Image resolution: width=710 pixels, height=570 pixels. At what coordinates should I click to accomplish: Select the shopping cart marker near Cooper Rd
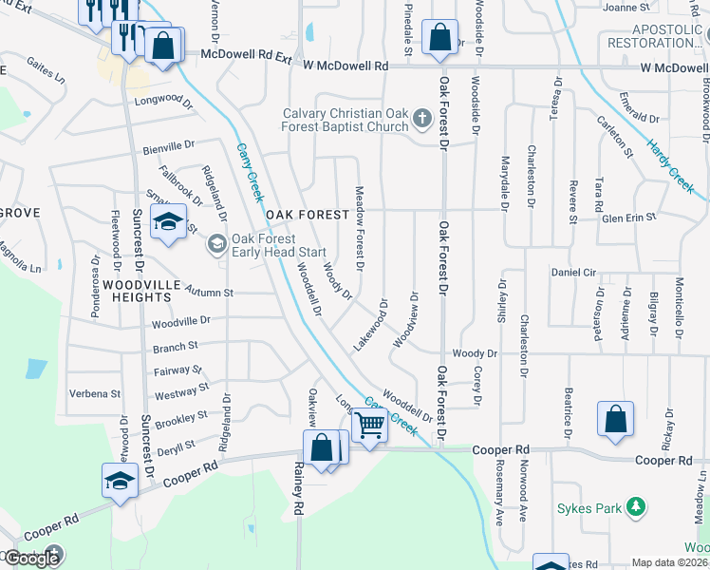pyautogui.click(x=369, y=427)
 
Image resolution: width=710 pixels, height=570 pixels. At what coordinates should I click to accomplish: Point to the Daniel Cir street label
pyautogui.click(x=573, y=272)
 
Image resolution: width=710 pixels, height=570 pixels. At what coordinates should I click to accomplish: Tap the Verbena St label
pyautogui.click(x=98, y=393)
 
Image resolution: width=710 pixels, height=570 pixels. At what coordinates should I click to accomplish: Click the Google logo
pyautogui.click(x=31, y=558)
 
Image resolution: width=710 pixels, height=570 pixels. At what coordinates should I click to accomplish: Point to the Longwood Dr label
pyautogui.click(x=158, y=100)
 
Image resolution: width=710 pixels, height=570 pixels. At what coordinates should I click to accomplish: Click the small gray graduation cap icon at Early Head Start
pyautogui.click(x=216, y=244)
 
